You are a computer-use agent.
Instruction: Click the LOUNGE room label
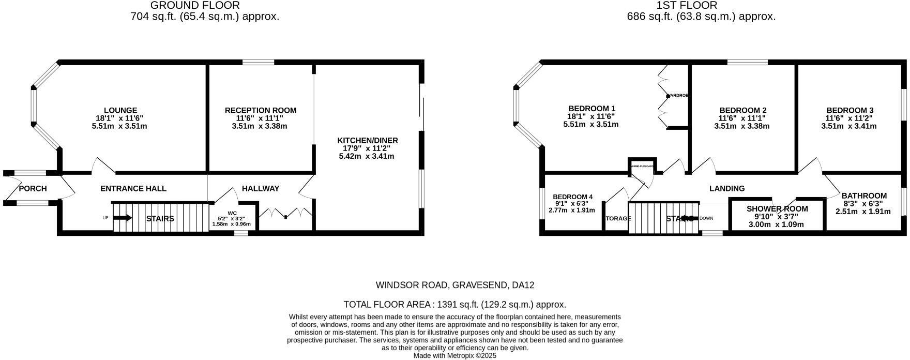point(120,110)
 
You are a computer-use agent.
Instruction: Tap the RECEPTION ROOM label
point(261,110)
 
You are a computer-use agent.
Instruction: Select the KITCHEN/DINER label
point(368,141)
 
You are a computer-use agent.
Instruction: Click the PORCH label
point(33,189)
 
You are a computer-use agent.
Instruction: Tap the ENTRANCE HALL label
point(133,189)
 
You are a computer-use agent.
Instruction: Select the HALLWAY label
point(261,189)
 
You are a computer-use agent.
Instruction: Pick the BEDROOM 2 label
point(743,110)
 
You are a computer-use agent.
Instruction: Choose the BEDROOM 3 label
point(850,110)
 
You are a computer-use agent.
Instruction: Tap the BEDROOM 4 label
point(572,197)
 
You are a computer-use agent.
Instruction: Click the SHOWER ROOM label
point(777,209)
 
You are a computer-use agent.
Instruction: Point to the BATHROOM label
point(864,196)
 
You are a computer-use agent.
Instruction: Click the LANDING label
point(727,189)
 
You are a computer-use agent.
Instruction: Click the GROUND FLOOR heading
point(195,6)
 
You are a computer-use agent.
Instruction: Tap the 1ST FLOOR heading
point(687,6)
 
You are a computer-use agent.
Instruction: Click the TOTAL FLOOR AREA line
point(454,305)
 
